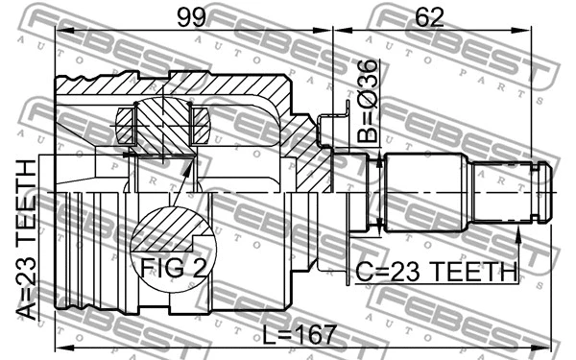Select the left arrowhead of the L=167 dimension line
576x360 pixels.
click(60, 345)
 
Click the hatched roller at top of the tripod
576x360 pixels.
click(161, 116)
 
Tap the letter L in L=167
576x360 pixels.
click(266, 335)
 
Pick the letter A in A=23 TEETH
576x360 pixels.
click(27, 309)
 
